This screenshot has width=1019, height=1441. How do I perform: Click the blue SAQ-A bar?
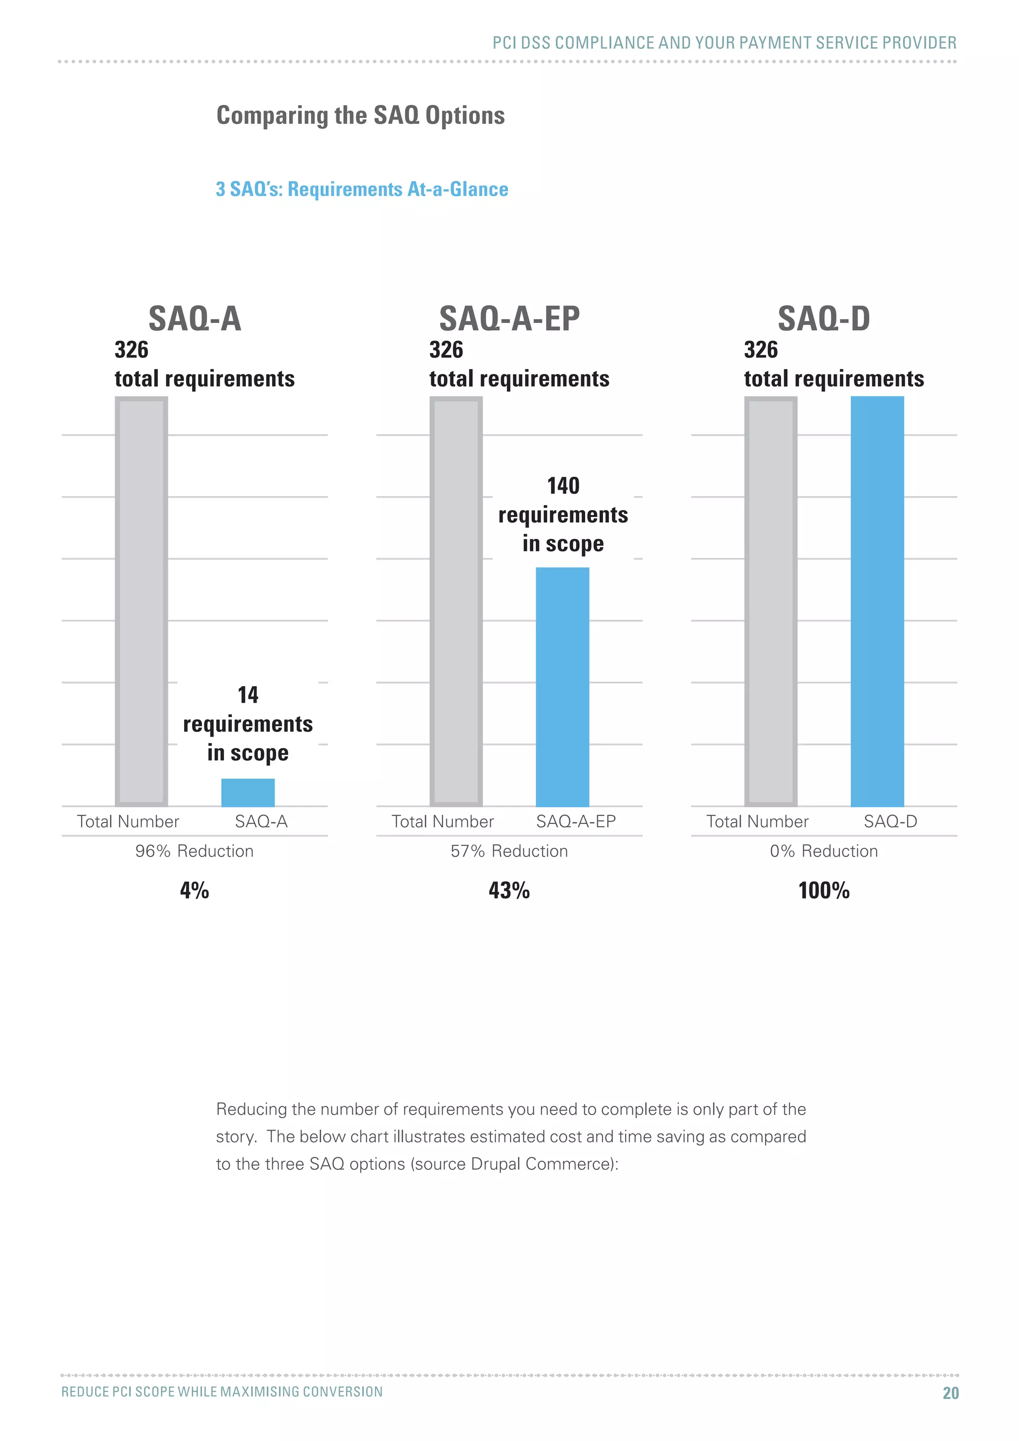248,792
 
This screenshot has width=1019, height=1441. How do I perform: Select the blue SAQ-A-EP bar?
562,687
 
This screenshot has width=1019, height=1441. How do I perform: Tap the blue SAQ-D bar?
877,601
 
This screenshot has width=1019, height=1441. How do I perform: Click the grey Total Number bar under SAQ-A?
141,601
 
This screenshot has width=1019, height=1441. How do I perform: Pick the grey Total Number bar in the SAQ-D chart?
771,601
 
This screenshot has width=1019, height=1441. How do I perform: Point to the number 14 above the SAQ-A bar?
248,695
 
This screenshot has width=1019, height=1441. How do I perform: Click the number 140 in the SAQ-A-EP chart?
563,486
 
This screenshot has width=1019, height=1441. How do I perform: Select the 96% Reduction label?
195,851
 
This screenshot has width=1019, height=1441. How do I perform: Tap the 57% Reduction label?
509,851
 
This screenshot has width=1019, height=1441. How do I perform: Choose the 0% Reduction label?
824,851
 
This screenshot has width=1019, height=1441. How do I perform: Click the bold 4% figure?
195,890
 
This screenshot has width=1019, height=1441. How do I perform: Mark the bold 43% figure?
509,890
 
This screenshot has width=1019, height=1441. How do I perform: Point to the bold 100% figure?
824,890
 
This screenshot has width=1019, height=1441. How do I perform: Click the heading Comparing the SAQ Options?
360,115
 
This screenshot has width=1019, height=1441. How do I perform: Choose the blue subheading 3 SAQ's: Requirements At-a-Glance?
362,189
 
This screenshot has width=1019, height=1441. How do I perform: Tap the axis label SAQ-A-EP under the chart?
575,821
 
